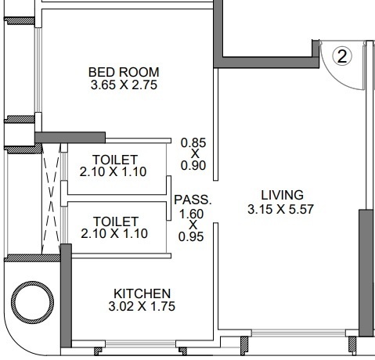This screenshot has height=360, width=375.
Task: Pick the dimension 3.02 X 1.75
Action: click(140, 307)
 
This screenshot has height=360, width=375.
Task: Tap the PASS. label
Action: click(192, 200)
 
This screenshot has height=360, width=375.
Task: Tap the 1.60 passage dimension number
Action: click(192, 212)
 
